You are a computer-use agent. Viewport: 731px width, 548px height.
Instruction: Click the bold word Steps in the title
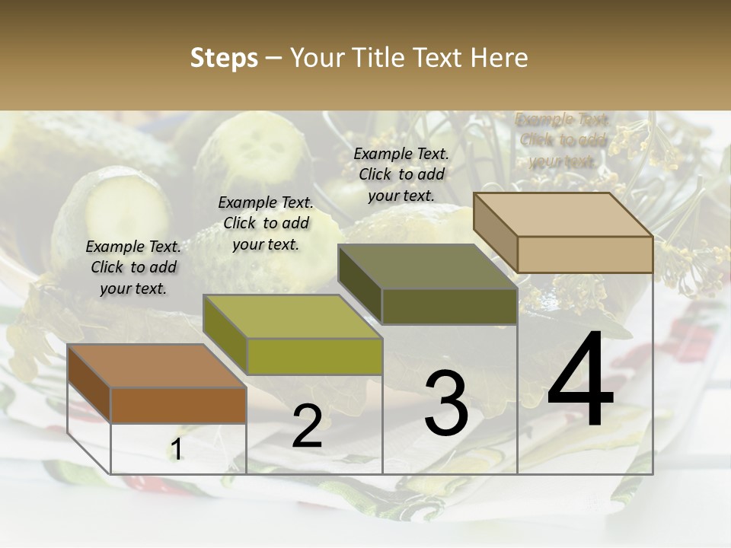[x=224, y=58]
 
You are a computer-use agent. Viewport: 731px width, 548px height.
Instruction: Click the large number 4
[x=580, y=383]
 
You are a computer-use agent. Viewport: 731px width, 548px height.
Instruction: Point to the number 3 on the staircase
[x=446, y=403]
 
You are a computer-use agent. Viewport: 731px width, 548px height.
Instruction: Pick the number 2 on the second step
[x=307, y=426]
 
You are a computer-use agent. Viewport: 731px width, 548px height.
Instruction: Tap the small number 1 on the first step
[x=177, y=450]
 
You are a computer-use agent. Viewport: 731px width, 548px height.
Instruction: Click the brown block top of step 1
[x=156, y=366]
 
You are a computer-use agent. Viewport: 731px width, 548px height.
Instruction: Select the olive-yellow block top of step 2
[x=292, y=317]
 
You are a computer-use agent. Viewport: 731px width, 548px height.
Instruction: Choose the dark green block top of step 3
[x=427, y=266]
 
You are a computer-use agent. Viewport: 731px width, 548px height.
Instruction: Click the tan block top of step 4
[x=563, y=215]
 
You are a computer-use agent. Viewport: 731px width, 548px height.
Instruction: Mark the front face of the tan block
[x=585, y=254]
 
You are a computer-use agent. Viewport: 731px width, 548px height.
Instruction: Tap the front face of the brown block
[x=178, y=406]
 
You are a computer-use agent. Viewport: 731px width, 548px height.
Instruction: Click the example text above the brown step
[x=133, y=268]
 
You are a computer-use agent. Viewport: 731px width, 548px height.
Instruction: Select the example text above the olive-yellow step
[x=266, y=224]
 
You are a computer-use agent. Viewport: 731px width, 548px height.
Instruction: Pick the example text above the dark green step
[x=401, y=174]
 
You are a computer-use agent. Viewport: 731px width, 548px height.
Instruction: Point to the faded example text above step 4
[x=563, y=141]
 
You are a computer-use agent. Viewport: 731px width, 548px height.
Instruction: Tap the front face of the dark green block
[x=449, y=306]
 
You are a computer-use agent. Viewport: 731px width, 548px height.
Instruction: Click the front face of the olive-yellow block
[x=314, y=356]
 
